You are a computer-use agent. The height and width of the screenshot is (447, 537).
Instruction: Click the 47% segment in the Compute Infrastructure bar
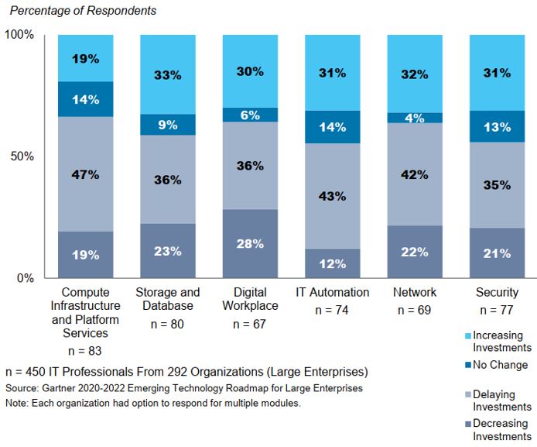[85, 174]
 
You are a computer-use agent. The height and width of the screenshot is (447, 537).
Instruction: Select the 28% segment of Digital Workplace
[250, 243]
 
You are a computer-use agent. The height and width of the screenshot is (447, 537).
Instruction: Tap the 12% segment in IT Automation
[333, 263]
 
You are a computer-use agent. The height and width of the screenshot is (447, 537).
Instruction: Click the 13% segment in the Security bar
[498, 126]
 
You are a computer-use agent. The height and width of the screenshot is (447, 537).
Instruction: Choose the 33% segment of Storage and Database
[167, 75]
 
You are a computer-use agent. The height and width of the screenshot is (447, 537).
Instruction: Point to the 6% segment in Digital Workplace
[250, 115]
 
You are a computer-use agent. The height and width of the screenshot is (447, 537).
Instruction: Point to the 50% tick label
[22, 156]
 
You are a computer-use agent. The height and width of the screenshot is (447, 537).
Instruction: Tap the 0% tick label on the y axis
[25, 277]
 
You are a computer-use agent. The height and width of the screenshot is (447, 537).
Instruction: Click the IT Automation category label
[333, 293]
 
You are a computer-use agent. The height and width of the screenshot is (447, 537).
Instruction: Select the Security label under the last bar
[498, 293]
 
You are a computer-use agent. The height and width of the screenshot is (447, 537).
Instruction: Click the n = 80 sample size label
[167, 325]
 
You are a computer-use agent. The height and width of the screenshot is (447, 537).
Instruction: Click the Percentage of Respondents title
[83, 11]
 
